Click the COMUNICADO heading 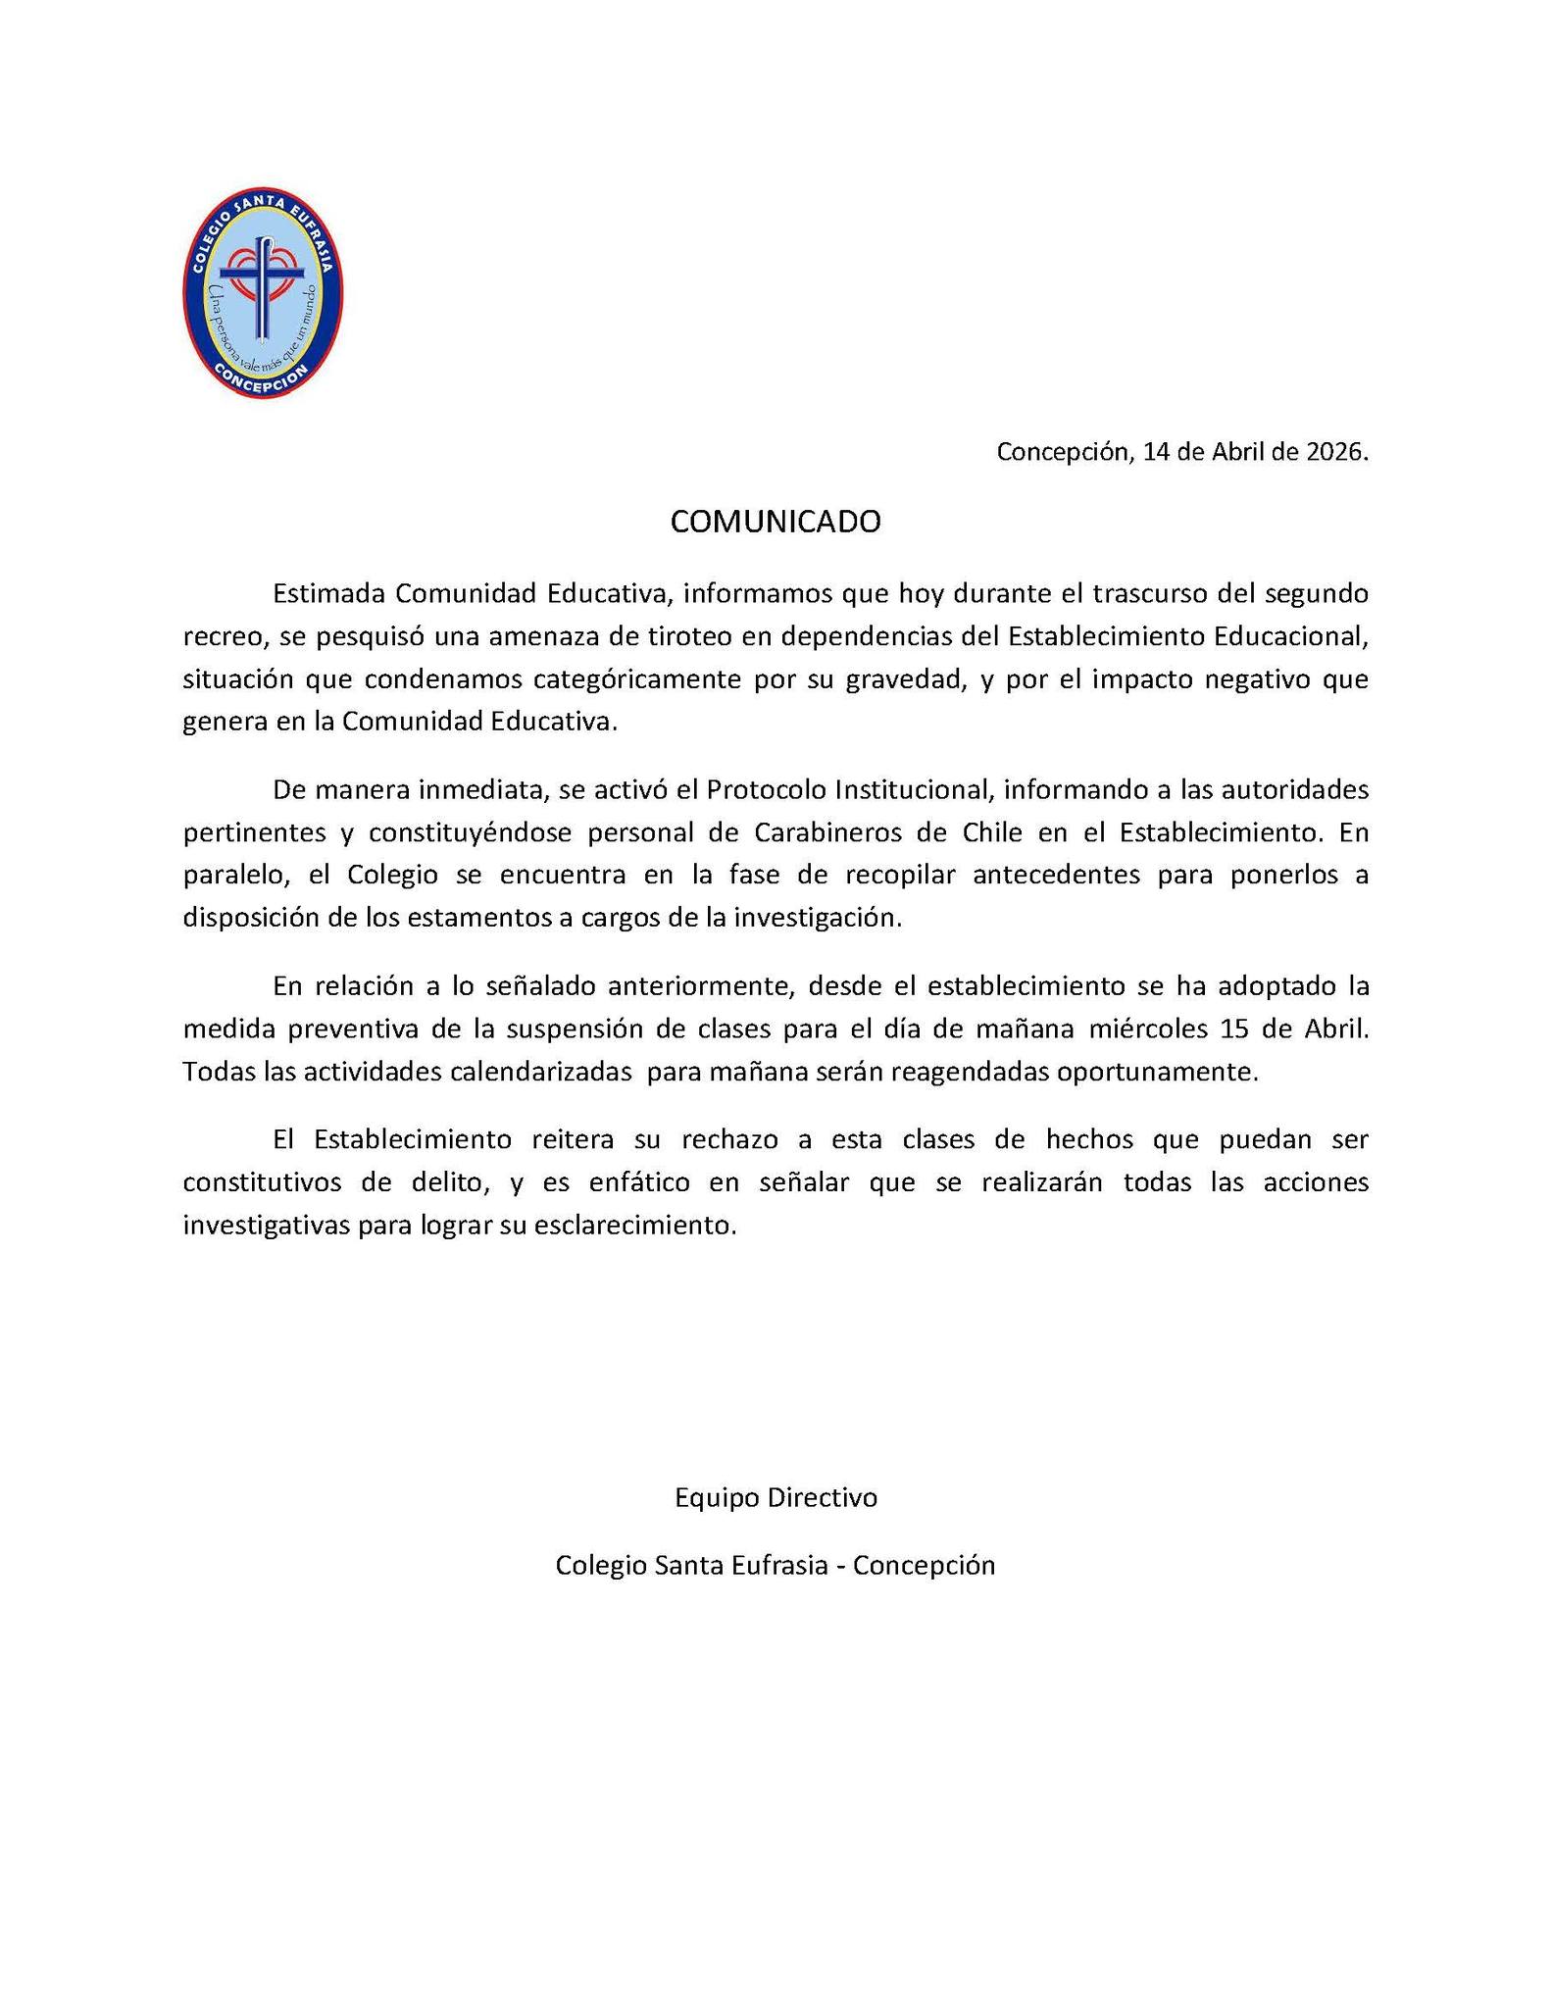pyautogui.click(x=776, y=522)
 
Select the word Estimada pyautogui.click(x=329, y=594)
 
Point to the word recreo pyautogui.click(x=225, y=636)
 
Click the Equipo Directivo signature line pyautogui.click(x=776, y=1497)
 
